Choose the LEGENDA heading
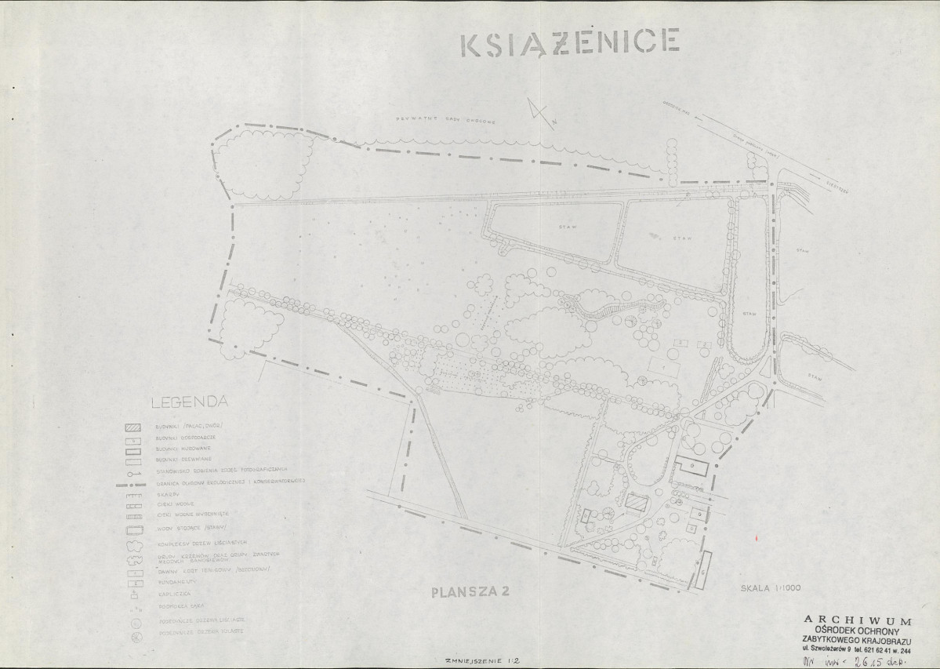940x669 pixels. (189, 402)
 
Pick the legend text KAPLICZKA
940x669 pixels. (172, 595)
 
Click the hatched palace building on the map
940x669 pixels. (636, 502)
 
